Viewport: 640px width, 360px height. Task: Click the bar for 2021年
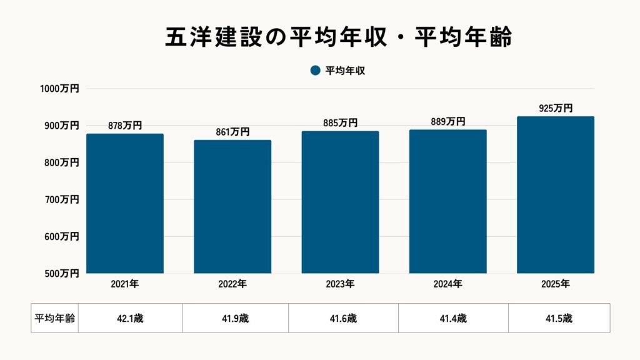(125, 203)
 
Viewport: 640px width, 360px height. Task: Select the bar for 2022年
(232, 206)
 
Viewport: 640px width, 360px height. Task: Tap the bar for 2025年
(556, 194)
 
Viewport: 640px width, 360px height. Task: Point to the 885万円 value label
(340, 123)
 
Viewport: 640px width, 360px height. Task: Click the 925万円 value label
(556, 108)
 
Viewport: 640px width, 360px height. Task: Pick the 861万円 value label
(232, 132)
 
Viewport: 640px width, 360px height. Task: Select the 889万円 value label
(447, 122)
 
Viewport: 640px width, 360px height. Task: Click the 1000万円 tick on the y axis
(60, 89)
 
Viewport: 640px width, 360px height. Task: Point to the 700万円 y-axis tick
(60, 199)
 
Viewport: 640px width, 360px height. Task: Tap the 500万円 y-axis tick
(60, 273)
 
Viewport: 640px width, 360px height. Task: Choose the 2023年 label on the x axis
(340, 284)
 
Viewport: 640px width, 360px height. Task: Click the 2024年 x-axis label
(447, 284)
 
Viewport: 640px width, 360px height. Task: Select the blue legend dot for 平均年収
(315, 71)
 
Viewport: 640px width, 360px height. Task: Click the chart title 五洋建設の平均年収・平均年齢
(338, 37)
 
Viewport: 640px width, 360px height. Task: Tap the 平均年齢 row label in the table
(54, 318)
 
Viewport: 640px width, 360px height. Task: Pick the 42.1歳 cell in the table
(130, 318)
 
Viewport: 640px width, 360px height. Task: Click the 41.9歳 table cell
(235, 318)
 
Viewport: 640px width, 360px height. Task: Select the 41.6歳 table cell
(343, 318)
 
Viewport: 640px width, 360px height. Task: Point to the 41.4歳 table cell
(453, 318)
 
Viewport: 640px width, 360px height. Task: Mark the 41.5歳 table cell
(559, 318)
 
